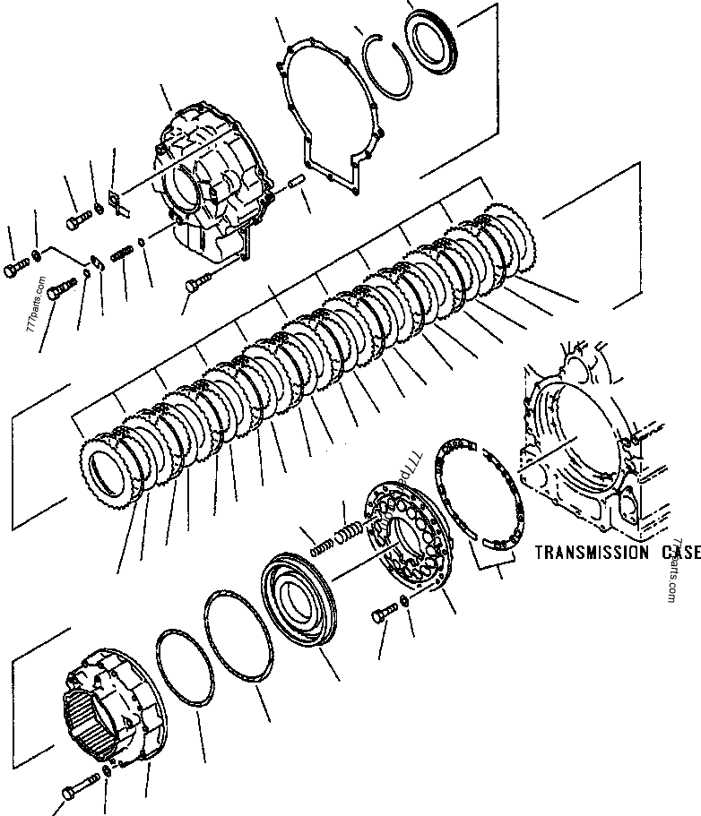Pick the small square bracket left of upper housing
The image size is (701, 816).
(x=116, y=204)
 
